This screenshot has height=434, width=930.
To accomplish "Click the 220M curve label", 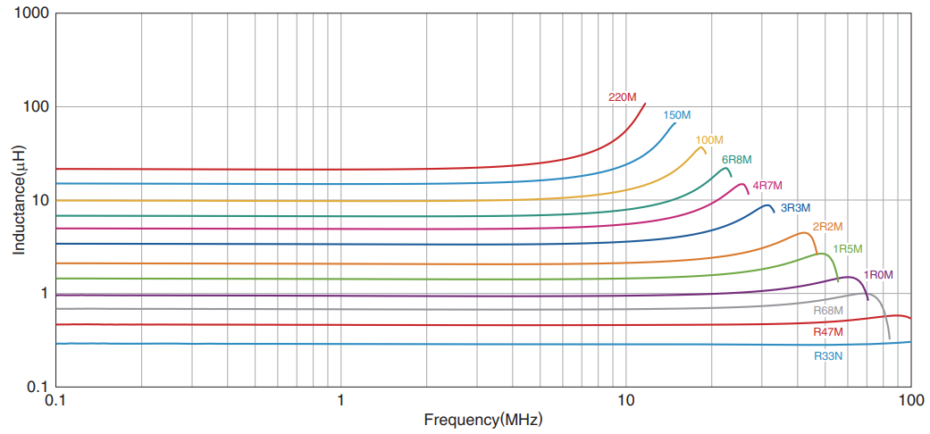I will tap(622, 96).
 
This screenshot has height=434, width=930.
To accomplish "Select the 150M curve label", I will tap(677, 115).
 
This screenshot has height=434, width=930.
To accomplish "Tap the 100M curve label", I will tap(709, 140).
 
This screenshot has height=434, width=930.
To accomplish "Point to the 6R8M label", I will tap(737, 160).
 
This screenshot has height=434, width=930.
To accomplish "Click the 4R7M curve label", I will tap(767, 186).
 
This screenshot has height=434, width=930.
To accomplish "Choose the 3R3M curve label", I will tap(796, 208).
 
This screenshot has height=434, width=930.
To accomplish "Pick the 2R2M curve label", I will tap(827, 227).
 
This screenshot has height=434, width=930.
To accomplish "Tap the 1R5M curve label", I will tap(847, 249).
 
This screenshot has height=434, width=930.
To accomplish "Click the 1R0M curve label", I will tap(878, 274).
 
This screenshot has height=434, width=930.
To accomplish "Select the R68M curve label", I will tap(828, 310).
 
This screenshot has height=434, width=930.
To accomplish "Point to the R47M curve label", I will tap(828, 332).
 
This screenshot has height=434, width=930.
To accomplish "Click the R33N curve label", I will tap(828, 355).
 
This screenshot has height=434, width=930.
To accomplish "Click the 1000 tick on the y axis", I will tap(31, 14).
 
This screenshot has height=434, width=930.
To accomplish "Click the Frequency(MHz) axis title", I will tap(483, 420).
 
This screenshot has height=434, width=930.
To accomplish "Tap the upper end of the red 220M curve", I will tap(645, 104).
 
